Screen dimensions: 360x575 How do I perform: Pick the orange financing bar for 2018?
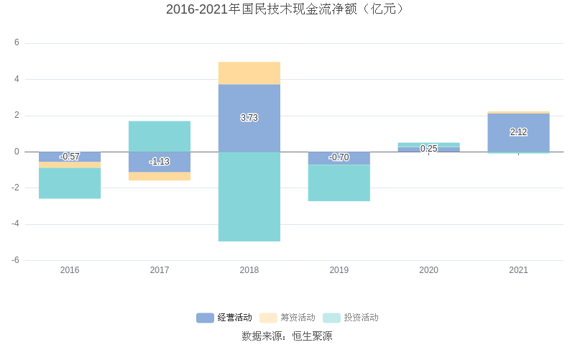249,73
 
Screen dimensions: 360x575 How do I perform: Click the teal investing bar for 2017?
160,136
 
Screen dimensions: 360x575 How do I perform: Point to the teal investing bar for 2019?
339,183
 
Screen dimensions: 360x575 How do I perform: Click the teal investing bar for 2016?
70,183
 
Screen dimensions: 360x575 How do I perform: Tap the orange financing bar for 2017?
160,176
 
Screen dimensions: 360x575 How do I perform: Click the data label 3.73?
249,118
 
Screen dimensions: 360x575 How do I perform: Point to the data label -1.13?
160,162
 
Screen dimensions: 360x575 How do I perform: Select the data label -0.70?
339,157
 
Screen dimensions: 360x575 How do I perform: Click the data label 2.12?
518,132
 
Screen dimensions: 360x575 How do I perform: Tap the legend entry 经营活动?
224,318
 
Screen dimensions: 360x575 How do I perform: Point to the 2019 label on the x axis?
339,270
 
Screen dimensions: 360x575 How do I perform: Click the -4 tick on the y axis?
15,224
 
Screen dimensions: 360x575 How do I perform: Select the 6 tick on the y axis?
17,43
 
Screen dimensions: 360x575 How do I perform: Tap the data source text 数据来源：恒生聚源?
287,336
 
